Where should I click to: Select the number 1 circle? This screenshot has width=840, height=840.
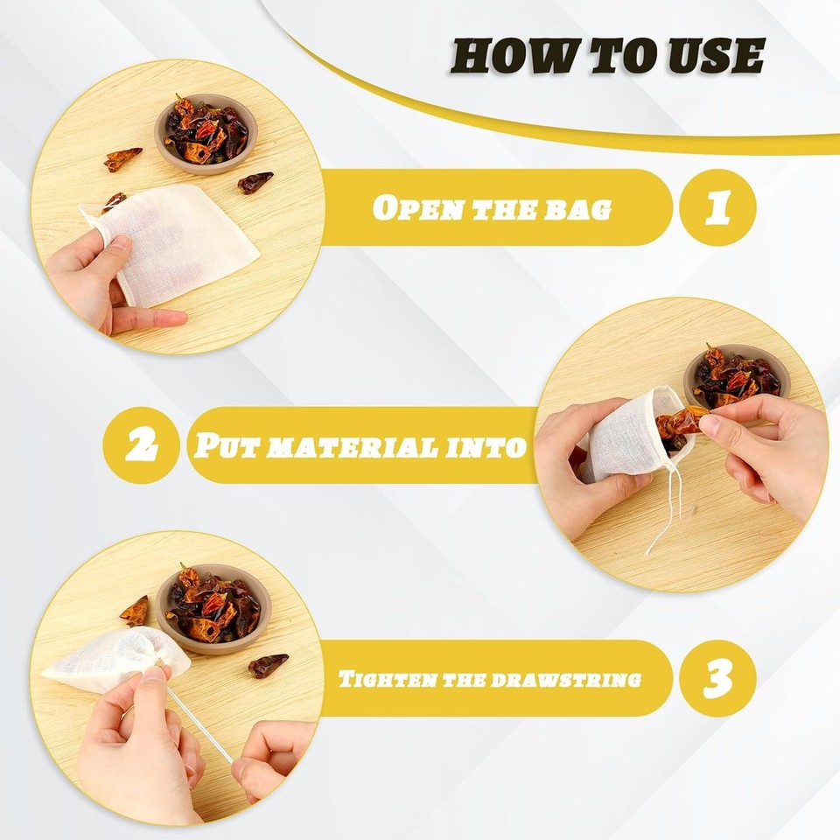(x=717, y=207)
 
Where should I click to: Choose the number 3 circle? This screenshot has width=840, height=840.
(x=717, y=679)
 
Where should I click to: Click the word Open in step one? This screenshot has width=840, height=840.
(x=409, y=208)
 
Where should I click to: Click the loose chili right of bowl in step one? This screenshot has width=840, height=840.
(x=255, y=181)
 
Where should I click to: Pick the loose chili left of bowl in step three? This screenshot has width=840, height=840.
(x=136, y=611)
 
